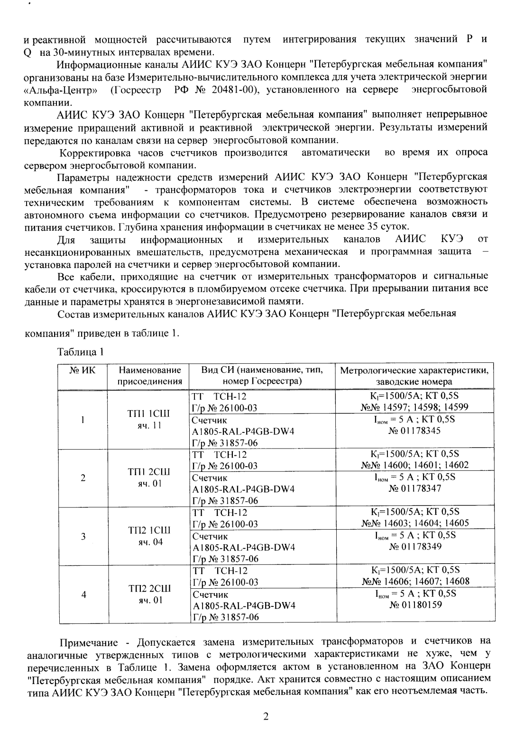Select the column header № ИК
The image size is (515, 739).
(83, 370)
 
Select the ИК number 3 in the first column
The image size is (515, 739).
(83, 536)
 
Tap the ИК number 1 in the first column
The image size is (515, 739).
(83, 420)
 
